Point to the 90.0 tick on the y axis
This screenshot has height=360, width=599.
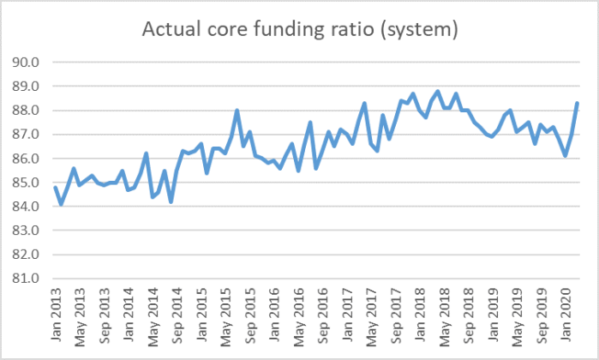[27, 63]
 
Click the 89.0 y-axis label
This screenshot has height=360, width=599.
[27, 87]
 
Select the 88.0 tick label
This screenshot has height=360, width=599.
[27, 111]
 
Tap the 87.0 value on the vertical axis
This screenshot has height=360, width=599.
[27, 135]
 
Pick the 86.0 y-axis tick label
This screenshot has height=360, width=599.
[27, 159]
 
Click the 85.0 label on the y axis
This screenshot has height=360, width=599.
[27, 183]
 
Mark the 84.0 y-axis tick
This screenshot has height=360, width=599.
[27, 207]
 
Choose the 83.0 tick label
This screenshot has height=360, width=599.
[27, 231]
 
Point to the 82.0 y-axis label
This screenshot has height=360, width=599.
[27, 255]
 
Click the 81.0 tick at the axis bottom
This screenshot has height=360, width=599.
[27, 279]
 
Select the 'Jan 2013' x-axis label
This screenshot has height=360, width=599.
[56, 313]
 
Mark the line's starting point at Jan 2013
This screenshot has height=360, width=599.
[55, 187]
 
